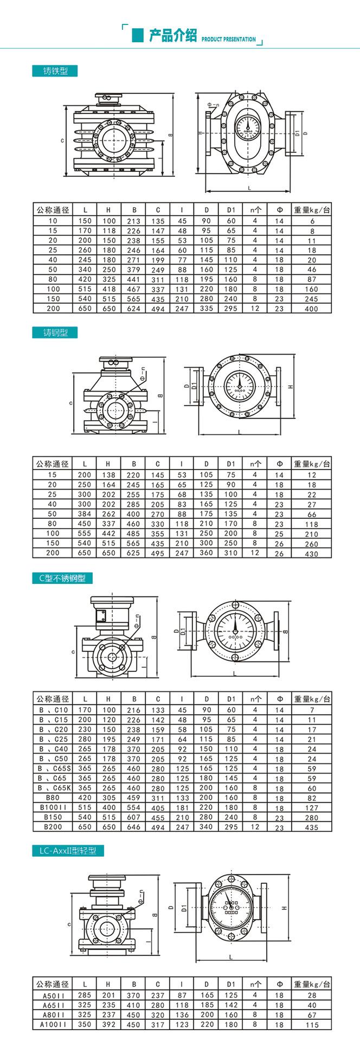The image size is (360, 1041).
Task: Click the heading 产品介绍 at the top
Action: pyautogui.click(x=172, y=36)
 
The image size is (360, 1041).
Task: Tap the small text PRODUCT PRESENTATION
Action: pyautogui.click(x=228, y=40)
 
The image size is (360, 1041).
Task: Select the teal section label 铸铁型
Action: pyautogui.click(x=55, y=71)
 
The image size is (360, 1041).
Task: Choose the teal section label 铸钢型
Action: pyautogui.click(x=55, y=332)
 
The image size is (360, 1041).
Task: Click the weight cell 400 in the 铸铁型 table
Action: pyautogui.click(x=312, y=309)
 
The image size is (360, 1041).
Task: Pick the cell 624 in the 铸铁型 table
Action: pyautogui.click(x=133, y=309)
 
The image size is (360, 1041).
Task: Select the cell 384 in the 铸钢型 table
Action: pyautogui.click(x=84, y=514)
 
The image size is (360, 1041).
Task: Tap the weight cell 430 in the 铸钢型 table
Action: pyautogui.click(x=312, y=554)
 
